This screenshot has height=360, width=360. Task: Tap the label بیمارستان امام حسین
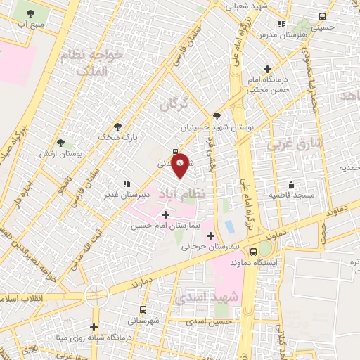tap(166, 226)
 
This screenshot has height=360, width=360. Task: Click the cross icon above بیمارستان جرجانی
tap(210, 235)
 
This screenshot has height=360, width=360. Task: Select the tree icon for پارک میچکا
tap(117, 127)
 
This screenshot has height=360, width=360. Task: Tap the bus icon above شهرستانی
tap(143, 309)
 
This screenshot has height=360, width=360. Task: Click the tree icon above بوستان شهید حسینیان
tap(216, 117)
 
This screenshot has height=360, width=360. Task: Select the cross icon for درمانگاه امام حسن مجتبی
tap(267, 69)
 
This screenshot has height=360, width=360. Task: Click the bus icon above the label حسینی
tap(323, 16)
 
